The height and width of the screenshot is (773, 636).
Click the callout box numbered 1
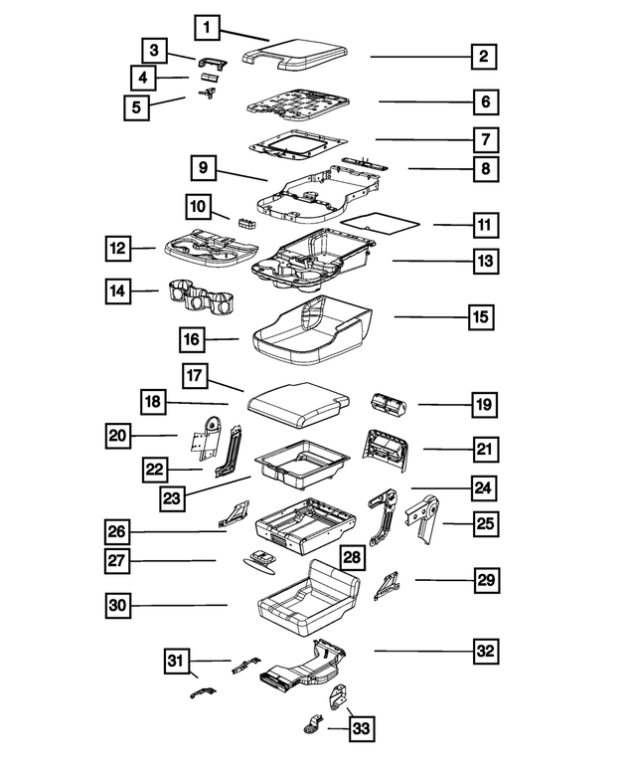click(x=206, y=27)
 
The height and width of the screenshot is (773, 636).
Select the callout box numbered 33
click(x=362, y=730)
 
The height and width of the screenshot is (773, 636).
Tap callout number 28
click(x=351, y=558)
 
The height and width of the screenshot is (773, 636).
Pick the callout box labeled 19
click(x=484, y=405)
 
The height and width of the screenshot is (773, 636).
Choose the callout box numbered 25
click(x=484, y=522)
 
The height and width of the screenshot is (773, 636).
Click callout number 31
click(x=178, y=660)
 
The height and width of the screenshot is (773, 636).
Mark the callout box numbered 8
click(x=484, y=169)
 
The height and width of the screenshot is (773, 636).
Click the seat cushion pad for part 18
click(x=296, y=403)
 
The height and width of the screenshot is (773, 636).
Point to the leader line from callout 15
click(x=431, y=317)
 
